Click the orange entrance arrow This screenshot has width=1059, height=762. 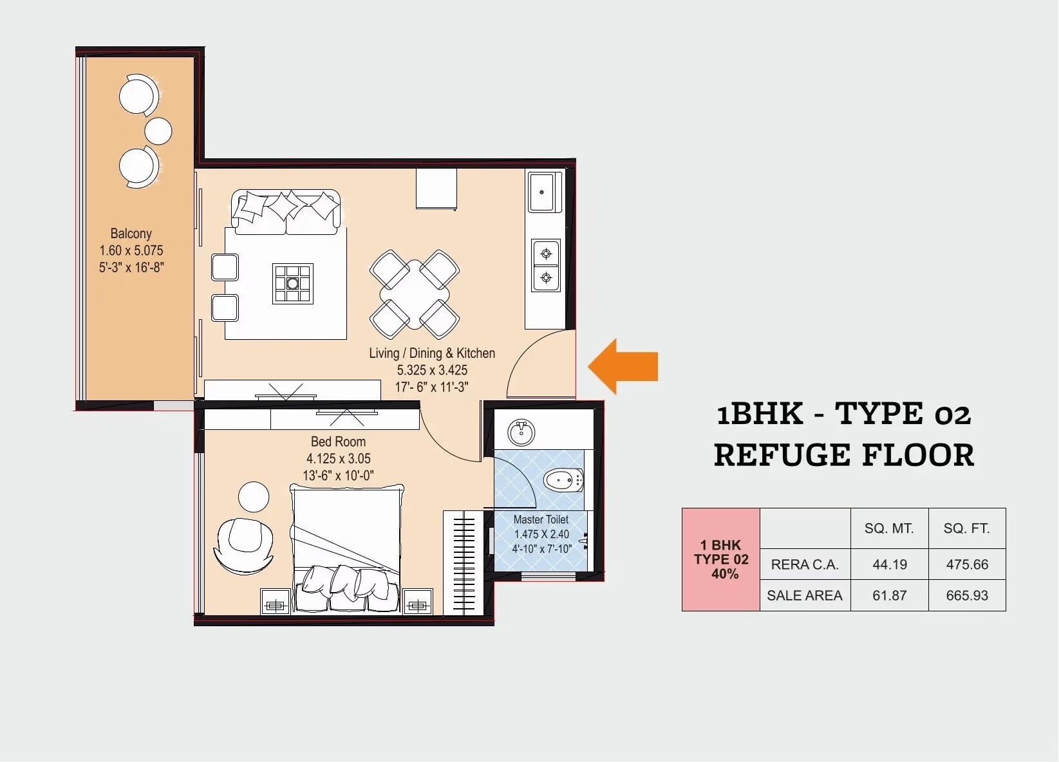[x=623, y=366]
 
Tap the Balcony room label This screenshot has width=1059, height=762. [x=131, y=234]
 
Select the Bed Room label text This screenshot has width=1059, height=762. [x=338, y=442]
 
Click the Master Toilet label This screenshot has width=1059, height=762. [x=541, y=519]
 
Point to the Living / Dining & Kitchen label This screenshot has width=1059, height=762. [x=431, y=353]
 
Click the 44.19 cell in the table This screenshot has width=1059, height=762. [x=889, y=564]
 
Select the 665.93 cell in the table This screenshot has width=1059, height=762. [x=966, y=595]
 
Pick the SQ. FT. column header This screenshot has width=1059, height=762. [x=966, y=528]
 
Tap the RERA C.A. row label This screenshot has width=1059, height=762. [x=804, y=564]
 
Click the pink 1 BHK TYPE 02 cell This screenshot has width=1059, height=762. [x=720, y=559]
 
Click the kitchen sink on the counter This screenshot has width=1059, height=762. [x=541, y=192]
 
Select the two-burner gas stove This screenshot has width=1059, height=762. [x=546, y=265]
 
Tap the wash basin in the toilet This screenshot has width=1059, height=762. [x=521, y=433]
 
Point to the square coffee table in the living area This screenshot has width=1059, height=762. [x=293, y=283]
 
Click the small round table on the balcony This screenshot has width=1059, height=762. [x=158, y=131]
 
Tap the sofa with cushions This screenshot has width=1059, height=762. [x=286, y=211]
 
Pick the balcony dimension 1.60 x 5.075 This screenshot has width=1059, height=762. [x=131, y=250]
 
